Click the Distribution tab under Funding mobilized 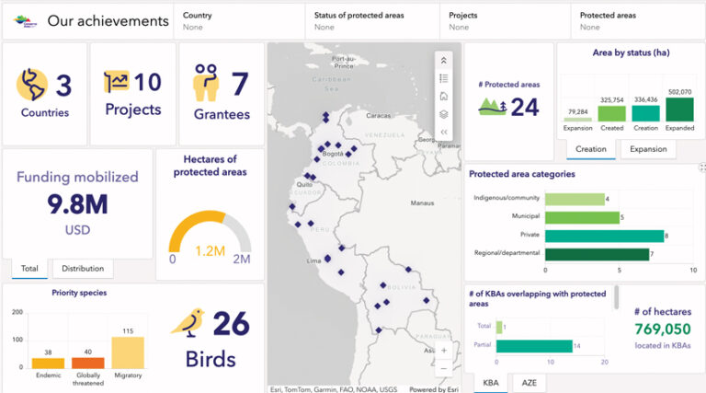tap(83, 269)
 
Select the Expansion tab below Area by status tap(648, 149)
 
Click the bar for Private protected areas tap(604, 236)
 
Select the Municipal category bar tap(582, 217)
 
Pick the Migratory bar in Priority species tap(127, 353)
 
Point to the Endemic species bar tap(48, 363)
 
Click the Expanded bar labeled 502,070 tap(679, 110)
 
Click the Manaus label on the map tap(422, 202)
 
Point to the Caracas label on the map tap(379, 117)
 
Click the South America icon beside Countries tap(32, 85)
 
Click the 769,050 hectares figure tap(661, 329)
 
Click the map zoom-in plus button tap(444, 351)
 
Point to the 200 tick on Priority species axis tap(17, 313)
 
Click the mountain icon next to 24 tap(492, 108)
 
